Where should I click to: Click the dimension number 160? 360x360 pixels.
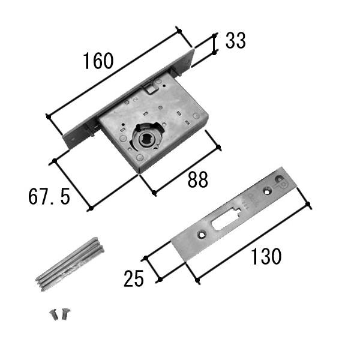(98, 61)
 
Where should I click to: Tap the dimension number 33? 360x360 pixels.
(236, 41)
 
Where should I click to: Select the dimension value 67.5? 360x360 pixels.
(49, 197)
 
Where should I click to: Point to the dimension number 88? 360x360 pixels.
(197, 179)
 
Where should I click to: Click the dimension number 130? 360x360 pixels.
(266, 256)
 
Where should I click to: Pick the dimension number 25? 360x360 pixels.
(134, 278)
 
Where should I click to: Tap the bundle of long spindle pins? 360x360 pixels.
(70, 264)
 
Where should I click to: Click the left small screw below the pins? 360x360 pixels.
(54, 314)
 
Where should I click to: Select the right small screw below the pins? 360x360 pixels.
(65, 314)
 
